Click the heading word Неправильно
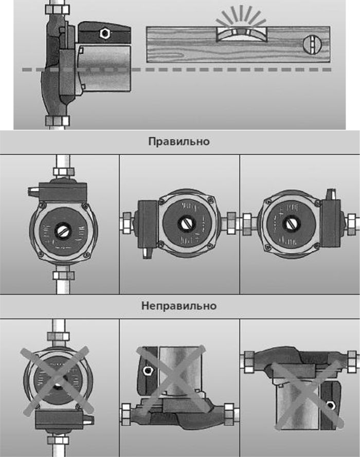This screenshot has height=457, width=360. (179, 306)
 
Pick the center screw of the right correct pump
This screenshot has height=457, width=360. (292, 224)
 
